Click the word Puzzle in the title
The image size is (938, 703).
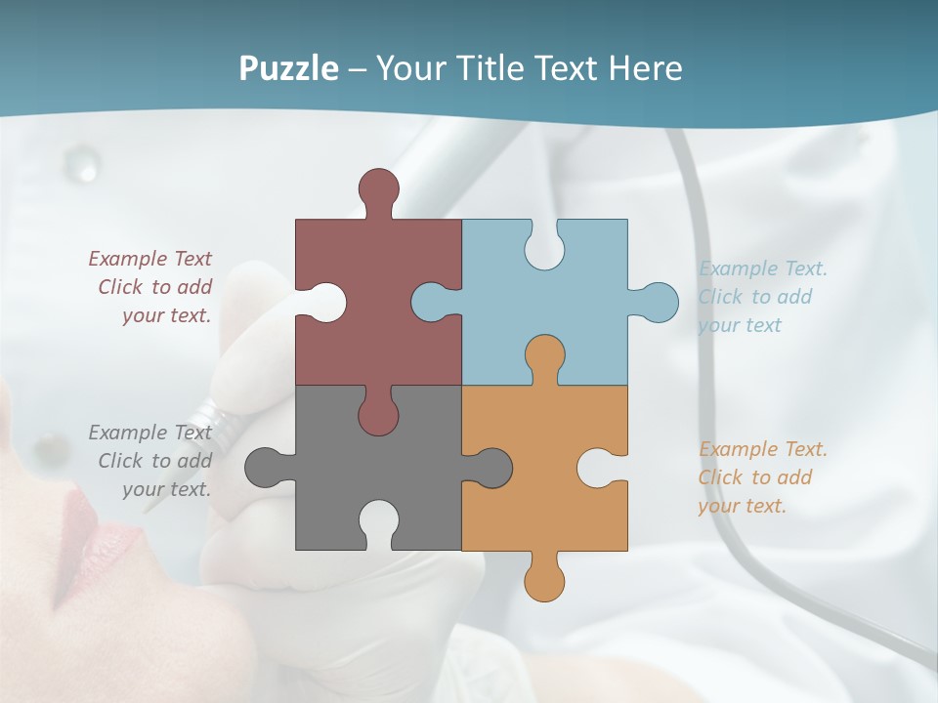288,68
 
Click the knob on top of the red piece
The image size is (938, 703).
378,188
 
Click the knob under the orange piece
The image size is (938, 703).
544,580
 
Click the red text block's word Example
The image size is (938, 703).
128,259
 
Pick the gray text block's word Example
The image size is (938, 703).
128,433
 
